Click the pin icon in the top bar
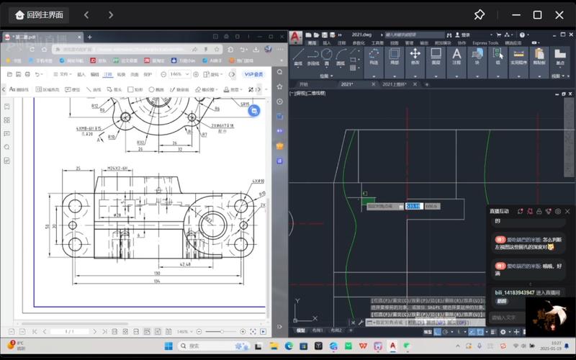[479, 14]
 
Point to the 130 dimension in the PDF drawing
[156, 274]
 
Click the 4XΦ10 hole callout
[258, 181]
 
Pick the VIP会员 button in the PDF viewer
[253, 74]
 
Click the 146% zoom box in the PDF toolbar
[177, 74]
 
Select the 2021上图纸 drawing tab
[395, 84]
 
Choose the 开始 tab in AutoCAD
[304, 84]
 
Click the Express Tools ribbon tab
[485, 43]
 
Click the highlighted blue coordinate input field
[413, 206]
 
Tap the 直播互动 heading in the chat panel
[499, 211]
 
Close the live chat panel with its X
[567, 211]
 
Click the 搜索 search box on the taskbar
[209, 346]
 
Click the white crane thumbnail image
[546, 315]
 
